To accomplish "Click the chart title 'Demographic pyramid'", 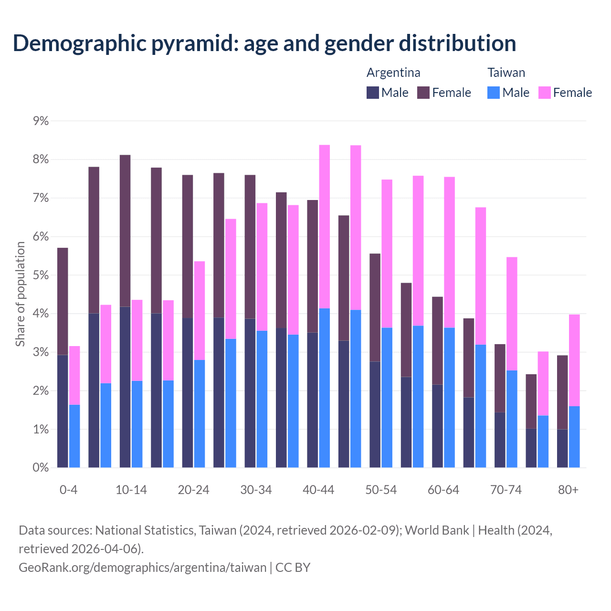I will (x=264, y=43).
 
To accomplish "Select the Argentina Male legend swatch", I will (x=372, y=93).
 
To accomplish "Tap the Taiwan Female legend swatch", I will (x=544, y=93).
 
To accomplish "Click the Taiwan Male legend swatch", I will (x=494, y=93).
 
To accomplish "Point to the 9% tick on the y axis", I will (x=41, y=121).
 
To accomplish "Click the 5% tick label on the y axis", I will (x=41, y=275).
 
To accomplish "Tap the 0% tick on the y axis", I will (x=41, y=468).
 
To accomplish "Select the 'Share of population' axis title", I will (x=20, y=294).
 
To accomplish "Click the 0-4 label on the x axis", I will (x=69, y=490).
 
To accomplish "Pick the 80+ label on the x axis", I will (x=568, y=490).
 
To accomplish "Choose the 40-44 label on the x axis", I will (x=318, y=490).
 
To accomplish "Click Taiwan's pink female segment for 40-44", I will (x=325, y=227).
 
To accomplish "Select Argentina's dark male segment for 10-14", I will (x=125, y=387).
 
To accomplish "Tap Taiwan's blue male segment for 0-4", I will (x=74, y=436).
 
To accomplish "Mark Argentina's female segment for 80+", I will (x=562, y=392).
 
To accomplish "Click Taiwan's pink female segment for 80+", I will (x=574, y=360).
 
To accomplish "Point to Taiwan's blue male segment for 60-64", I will (x=449, y=397).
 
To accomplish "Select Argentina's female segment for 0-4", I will (x=63, y=301).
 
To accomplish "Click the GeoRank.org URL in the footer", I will (x=142, y=568).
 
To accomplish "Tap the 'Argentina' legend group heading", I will (x=393, y=73).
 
